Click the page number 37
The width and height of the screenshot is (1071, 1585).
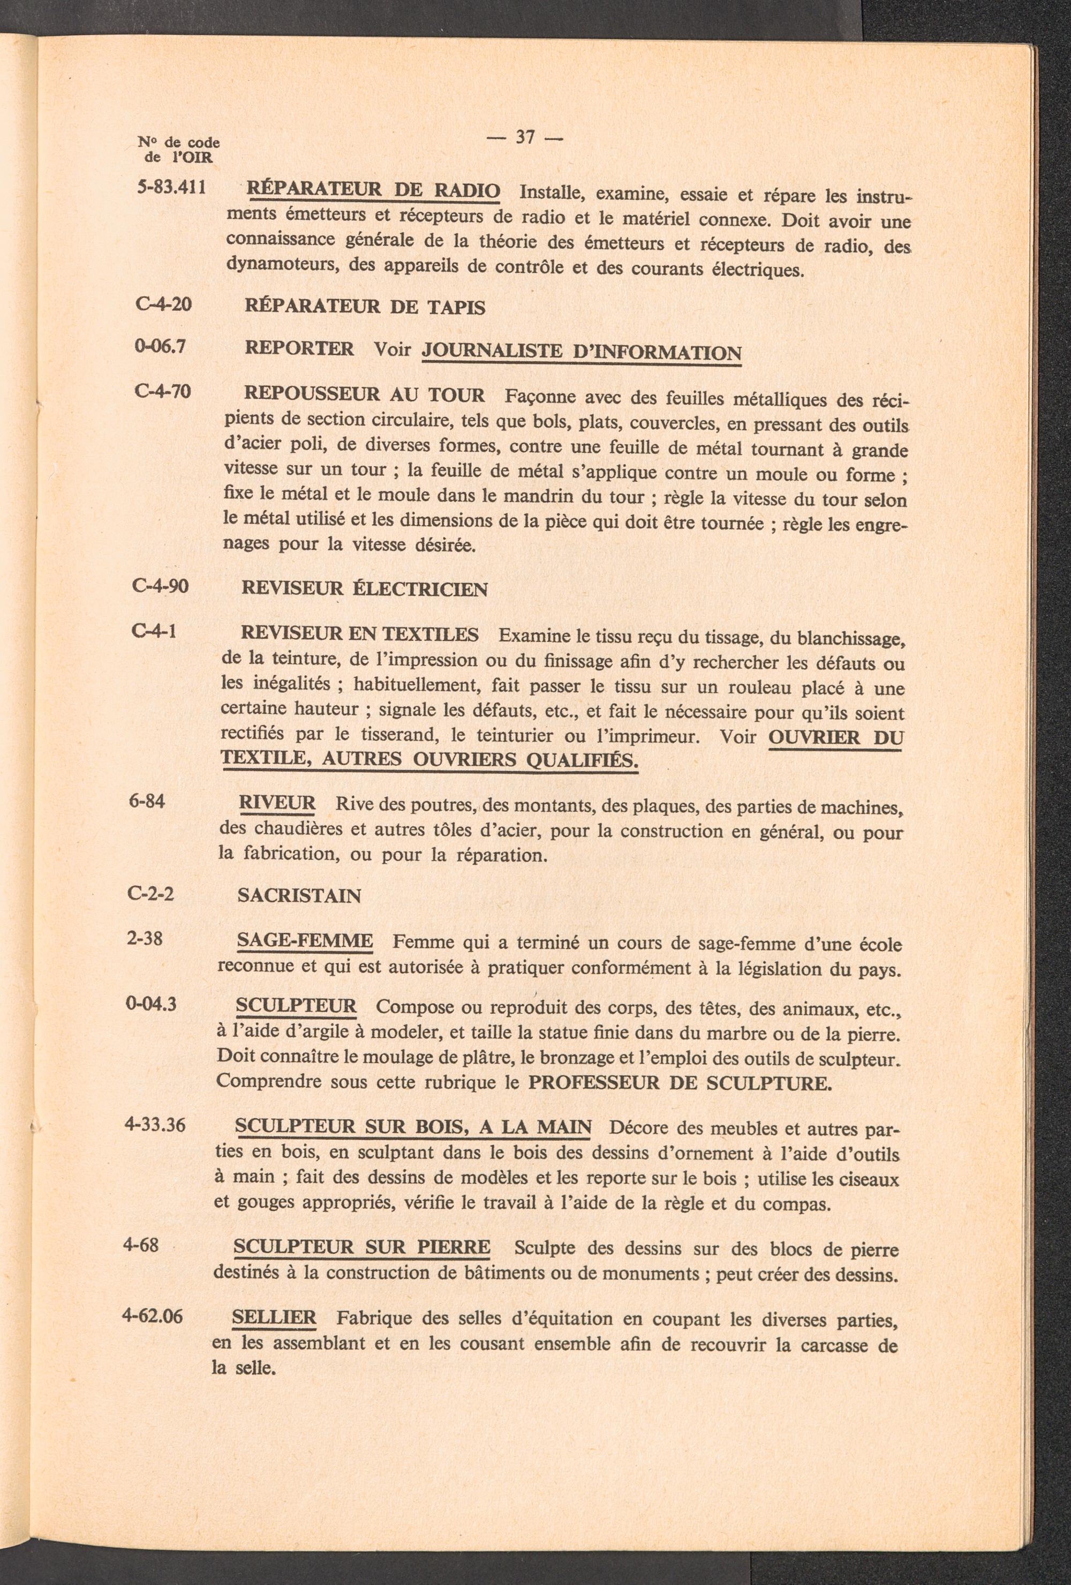pyautogui.click(x=525, y=137)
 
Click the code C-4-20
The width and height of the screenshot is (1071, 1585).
pyautogui.click(x=164, y=303)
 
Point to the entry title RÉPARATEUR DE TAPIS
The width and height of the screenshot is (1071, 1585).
pyautogui.click(x=365, y=307)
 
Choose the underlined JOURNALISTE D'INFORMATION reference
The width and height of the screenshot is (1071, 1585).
pyautogui.click(x=582, y=353)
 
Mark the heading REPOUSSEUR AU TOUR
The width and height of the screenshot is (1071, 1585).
pyautogui.click(x=364, y=394)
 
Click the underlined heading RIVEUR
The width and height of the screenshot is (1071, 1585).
pyautogui.click(x=277, y=803)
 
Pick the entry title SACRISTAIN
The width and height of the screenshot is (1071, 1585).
pyautogui.click(x=299, y=895)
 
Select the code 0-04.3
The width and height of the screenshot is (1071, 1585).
pyautogui.click(x=152, y=1004)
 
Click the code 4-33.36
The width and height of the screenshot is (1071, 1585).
pyautogui.click(x=155, y=1125)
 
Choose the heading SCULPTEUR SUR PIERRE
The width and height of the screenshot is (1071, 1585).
pyautogui.click(x=361, y=1247)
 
